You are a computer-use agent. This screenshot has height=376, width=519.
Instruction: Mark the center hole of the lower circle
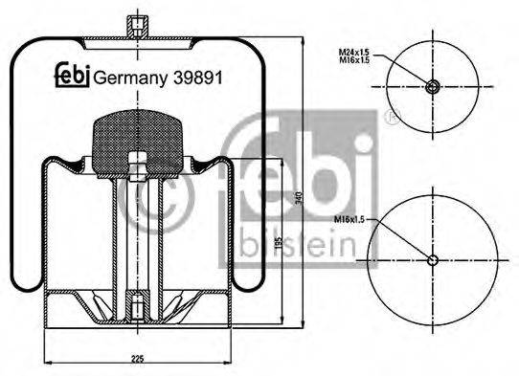tap(433, 260)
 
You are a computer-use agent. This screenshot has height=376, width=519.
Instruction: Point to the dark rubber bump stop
tap(137, 144)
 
